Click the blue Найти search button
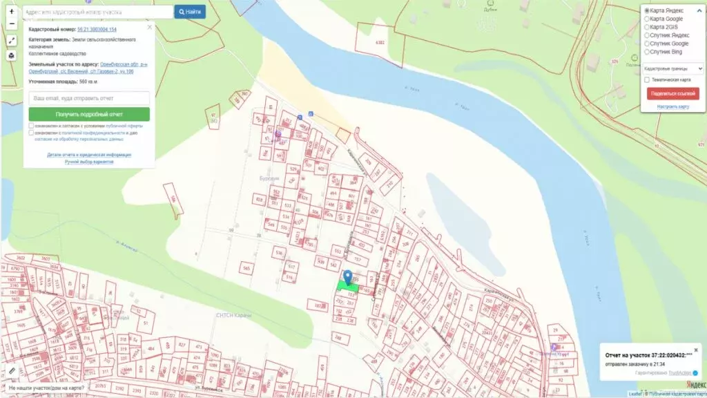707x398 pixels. tap(189, 12)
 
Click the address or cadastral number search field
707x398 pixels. tap(98, 12)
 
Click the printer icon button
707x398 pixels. tap(12, 56)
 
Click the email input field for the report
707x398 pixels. tap(89, 99)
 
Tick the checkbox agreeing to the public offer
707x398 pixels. tap(31, 126)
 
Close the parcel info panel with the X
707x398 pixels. tap(149, 28)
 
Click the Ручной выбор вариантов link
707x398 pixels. tap(89, 161)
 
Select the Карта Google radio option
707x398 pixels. tap(647, 19)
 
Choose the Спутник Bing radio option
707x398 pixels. tap(647, 51)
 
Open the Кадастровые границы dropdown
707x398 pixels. tap(672, 68)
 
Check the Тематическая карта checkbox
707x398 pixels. tap(647, 79)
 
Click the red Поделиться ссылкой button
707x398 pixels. tap(672, 93)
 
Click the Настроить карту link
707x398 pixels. tap(672, 107)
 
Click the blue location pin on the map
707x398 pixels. tap(348, 277)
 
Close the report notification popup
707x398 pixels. tap(696, 350)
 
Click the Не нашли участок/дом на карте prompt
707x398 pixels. tap(46, 388)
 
